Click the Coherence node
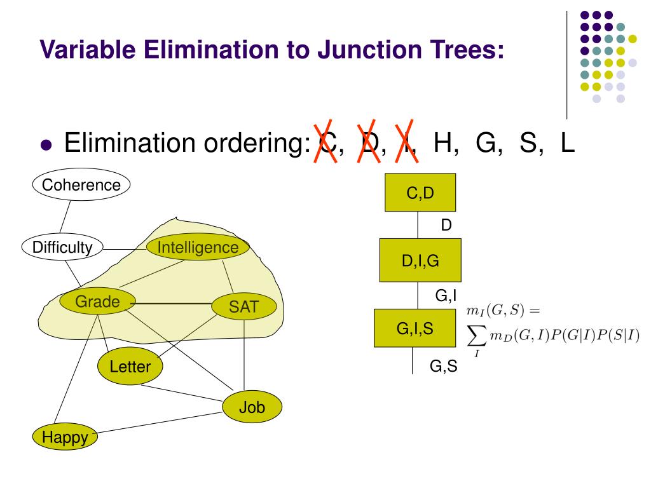point(81,185)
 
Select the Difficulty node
point(62,247)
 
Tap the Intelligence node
point(198,247)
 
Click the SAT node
point(244,307)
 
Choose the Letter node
point(130,366)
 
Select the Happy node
point(65,437)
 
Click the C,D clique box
point(420,193)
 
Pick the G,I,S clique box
point(415,329)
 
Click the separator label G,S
point(443,367)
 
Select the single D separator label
point(446,224)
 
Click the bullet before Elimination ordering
point(45,145)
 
